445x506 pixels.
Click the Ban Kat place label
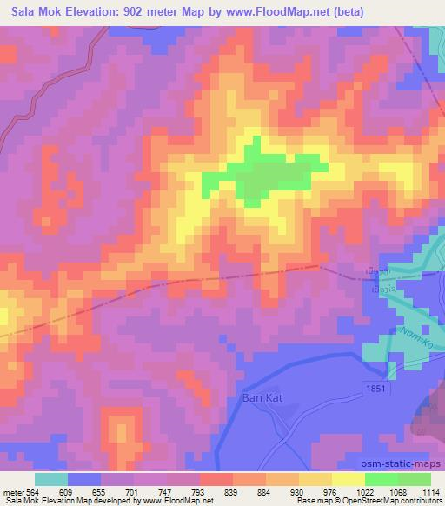pos(256,402)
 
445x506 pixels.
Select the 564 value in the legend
pos(33,491)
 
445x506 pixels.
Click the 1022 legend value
pos(365,491)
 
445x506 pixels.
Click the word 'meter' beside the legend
pos(12,491)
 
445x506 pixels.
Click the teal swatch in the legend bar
pos(51,479)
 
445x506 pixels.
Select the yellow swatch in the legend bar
pos(349,479)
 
